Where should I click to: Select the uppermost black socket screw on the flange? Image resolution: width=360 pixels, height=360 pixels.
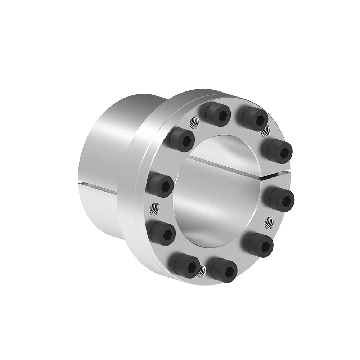tap(219, 114)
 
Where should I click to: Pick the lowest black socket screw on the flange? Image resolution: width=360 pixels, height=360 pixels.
tap(224, 270)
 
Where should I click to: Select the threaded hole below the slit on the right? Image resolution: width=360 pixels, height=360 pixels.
tap(269, 222)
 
